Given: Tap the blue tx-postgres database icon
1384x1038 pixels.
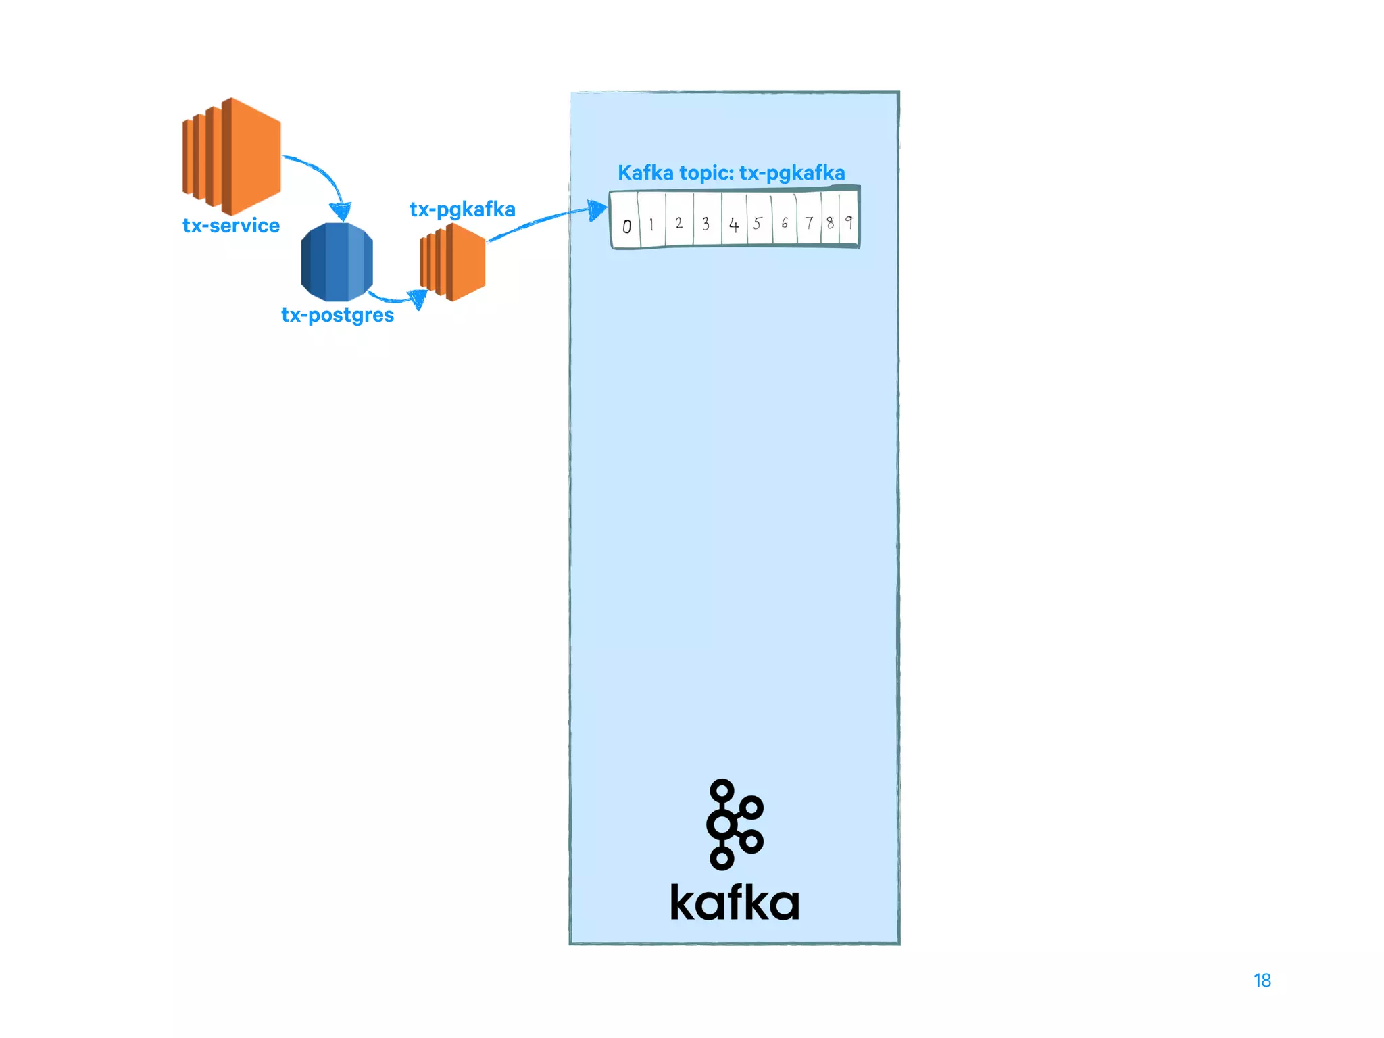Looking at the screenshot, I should pos(337,262).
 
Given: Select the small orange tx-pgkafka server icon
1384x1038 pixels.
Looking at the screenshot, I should pos(453,262).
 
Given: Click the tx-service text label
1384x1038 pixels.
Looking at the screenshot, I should pos(231,225).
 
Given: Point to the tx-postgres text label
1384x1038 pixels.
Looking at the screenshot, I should pos(337,315).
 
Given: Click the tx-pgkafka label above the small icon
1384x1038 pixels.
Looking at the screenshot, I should pos(462,209).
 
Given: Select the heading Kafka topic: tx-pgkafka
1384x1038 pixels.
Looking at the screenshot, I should pos(731,173).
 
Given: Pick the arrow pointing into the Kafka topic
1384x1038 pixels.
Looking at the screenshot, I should pos(547,219).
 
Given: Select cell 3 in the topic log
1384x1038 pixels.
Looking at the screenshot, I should pos(706,223).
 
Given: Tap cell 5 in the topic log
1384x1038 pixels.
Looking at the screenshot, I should pos(758,223).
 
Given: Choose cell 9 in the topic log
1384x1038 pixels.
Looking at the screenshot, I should pos(849,221).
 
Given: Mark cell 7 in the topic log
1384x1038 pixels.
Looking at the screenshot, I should pos(808,222).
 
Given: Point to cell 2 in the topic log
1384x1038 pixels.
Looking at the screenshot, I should pos(678,222).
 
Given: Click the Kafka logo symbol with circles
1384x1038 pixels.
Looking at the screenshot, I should pos(734,824).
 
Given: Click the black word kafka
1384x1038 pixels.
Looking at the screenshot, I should pos(735,902).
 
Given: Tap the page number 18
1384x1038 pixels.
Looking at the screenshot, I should pos(1262,981).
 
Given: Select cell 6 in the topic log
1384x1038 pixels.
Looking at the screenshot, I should pos(784,222).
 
